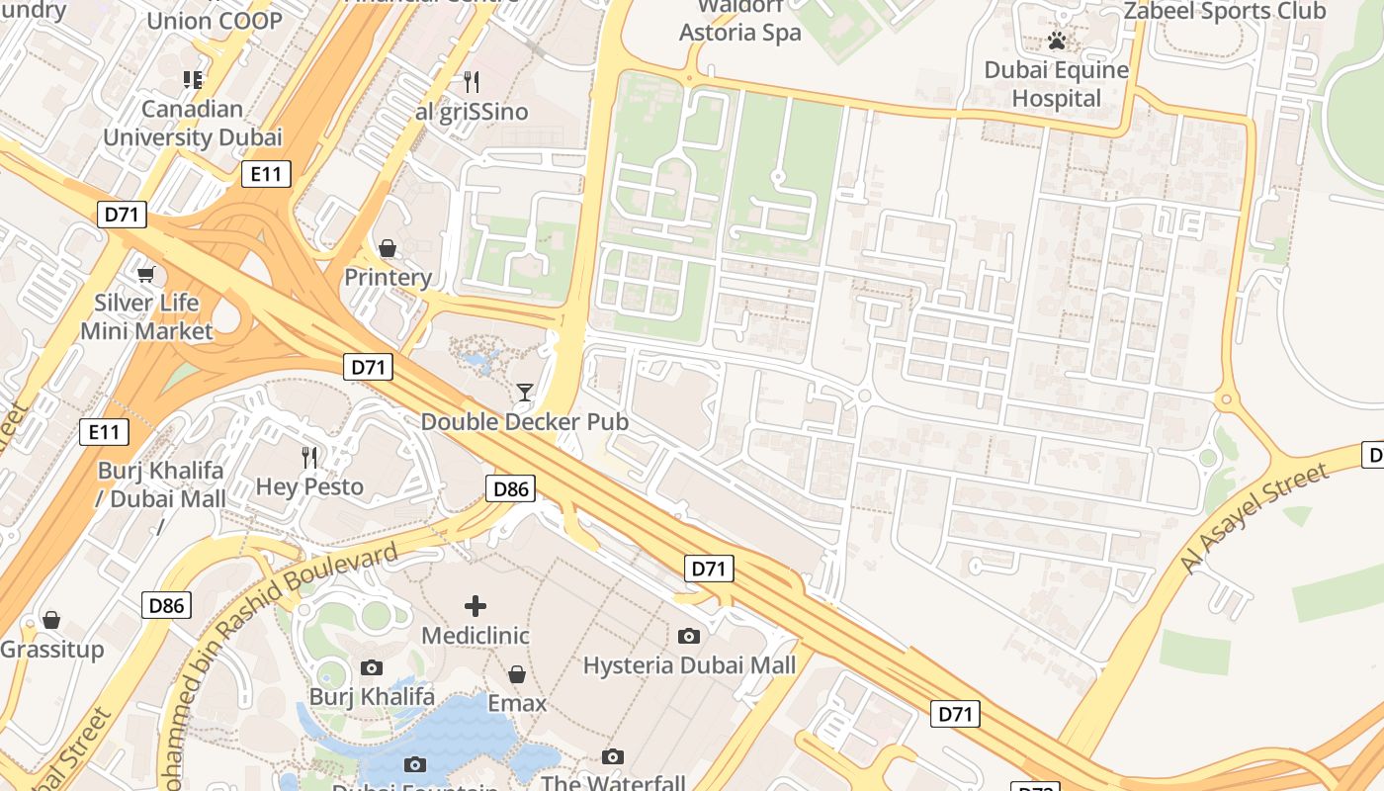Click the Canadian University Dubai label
[x=193, y=124]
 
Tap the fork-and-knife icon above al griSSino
[x=472, y=81]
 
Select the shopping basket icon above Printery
[x=388, y=248]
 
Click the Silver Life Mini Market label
[x=146, y=316]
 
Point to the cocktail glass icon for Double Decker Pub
[x=524, y=393]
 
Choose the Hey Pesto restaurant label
[x=309, y=486]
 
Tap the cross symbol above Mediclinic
[x=476, y=605]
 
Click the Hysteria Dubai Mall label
[x=689, y=665]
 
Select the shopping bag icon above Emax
[x=516, y=674]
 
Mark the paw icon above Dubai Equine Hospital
[x=1057, y=42]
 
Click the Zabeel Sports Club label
[x=1225, y=11]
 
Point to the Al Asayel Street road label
[x=1255, y=518]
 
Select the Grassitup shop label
[x=51, y=650]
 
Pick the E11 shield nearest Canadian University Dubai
[x=266, y=175]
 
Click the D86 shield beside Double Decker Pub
[x=511, y=487]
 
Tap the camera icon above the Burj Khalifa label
[x=372, y=667]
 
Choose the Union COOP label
[x=214, y=21]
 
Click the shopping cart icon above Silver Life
[x=146, y=274]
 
